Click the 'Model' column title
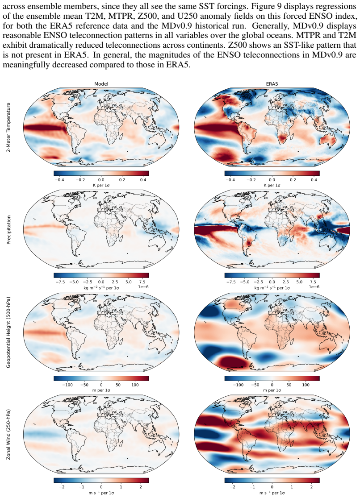click(x=101, y=84)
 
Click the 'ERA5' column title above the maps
click(x=272, y=84)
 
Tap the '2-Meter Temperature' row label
click(x=8, y=127)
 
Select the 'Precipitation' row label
click(x=8, y=230)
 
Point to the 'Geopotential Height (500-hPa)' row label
click(x=8, y=332)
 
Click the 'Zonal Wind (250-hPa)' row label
click(x=8, y=435)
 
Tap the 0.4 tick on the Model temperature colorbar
click(x=143, y=180)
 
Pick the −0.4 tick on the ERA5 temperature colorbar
click(x=230, y=180)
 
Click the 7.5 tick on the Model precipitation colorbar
click(x=142, y=282)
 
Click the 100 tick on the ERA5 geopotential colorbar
click(x=306, y=385)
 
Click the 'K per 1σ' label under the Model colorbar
click(x=101, y=185)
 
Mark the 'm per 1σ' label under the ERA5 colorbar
click(x=272, y=390)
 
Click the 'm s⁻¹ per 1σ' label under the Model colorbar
click(x=101, y=493)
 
